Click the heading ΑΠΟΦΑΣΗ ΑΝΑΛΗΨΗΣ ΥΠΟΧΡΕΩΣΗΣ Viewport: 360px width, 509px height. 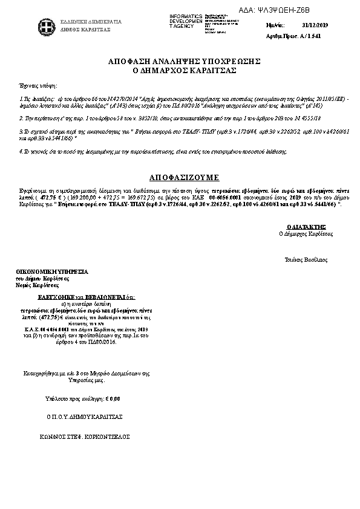coord(184,62)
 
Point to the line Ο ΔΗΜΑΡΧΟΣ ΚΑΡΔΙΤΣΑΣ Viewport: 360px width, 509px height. coord(184,71)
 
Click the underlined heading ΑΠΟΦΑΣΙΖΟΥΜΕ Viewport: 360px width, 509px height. coord(184,178)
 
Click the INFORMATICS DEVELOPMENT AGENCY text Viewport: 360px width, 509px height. coord(186,21)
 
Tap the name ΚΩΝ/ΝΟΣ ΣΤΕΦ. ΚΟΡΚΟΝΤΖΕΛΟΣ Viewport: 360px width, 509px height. coord(85,436)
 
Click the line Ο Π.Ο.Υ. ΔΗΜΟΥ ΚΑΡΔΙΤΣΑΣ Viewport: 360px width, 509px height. coord(85,417)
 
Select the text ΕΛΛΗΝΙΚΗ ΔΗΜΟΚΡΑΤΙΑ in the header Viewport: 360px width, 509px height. coord(91,22)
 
